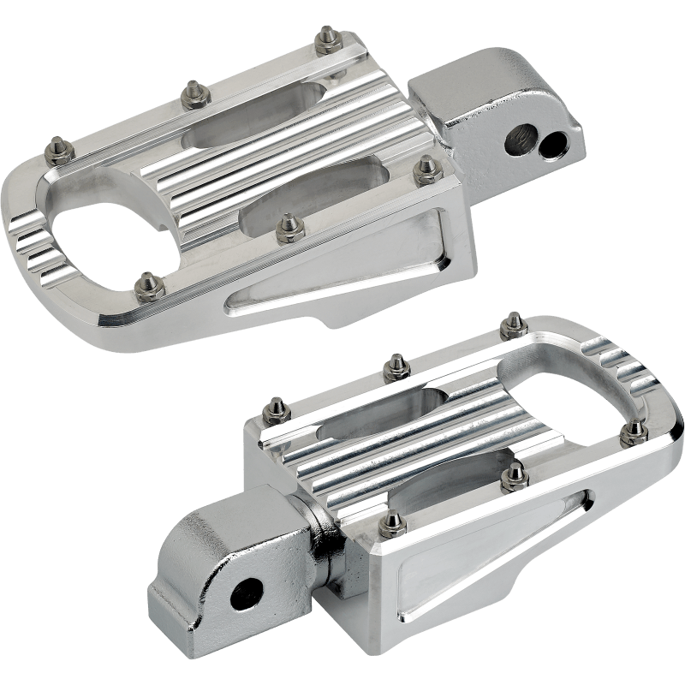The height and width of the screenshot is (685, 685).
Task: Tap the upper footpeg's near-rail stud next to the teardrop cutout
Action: click(148, 282)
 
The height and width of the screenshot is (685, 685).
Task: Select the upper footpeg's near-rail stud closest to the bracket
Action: click(425, 169)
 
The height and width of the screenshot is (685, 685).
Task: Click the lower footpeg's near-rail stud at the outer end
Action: click(634, 429)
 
